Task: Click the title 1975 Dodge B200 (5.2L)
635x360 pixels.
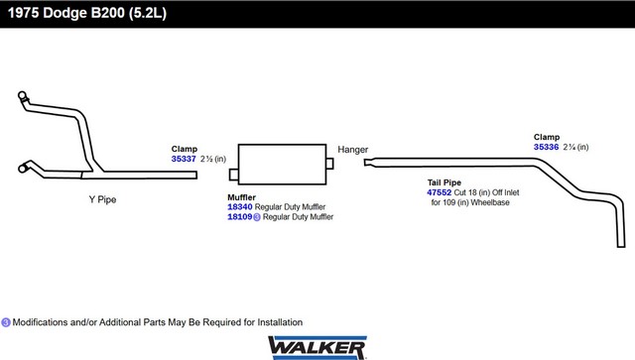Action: click(87, 13)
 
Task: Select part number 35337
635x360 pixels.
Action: click(184, 159)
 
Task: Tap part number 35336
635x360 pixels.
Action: click(546, 147)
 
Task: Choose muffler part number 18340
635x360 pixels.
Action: click(240, 207)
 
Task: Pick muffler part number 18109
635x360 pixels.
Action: click(240, 217)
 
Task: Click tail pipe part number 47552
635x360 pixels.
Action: click(439, 192)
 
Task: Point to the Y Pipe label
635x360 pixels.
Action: click(102, 199)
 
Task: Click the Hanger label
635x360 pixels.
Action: click(353, 150)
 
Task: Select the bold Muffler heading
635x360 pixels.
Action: click(241, 197)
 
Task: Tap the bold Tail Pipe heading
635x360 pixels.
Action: click(444, 182)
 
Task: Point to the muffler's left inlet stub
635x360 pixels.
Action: click(234, 175)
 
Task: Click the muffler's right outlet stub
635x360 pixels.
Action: click(329, 164)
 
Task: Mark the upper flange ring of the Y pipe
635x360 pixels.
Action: click(22, 95)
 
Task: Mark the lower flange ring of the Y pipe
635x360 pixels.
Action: click(23, 168)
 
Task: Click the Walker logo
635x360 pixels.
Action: click(317, 348)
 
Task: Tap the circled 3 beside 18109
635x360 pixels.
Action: click(257, 217)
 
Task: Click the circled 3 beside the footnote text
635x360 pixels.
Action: click(6, 322)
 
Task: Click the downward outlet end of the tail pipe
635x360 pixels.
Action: click(621, 245)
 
